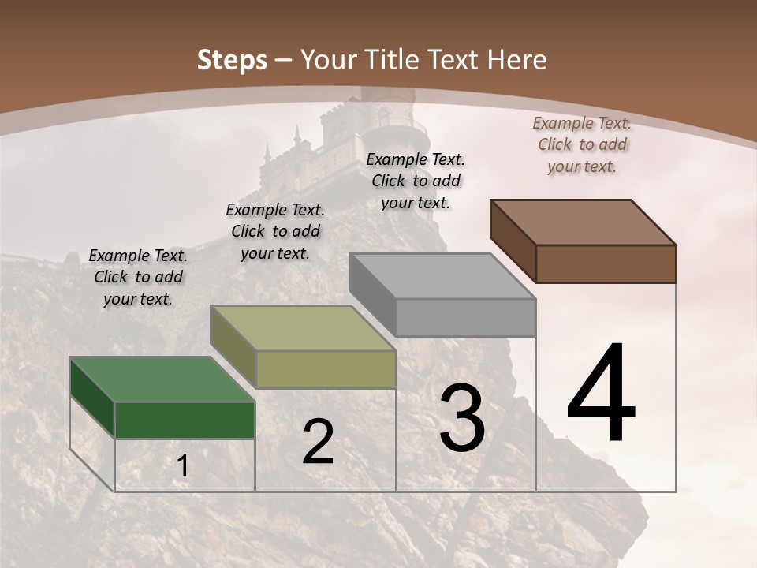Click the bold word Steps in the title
tap(232, 60)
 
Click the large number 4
tap(601, 394)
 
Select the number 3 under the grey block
tap(462, 418)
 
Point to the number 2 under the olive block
tap(318, 442)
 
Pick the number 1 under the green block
tap(182, 466)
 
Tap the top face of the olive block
tap(303, 328)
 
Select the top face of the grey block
tap(442, 276)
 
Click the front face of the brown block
tap(606, 263)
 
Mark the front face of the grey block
tap(465, 317)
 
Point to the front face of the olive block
tap(326, 369)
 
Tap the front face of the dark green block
tap(185, 420)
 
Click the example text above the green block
tap(138, 277)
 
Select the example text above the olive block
tap(275, 231)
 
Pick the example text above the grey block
tap(416, 181)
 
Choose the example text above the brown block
tap(582, 144)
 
